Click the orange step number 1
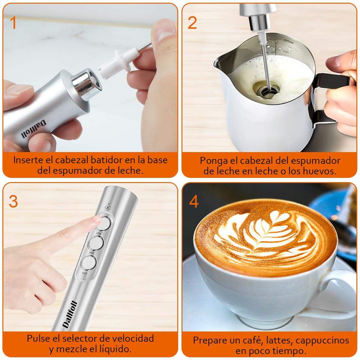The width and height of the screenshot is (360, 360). tap(13, 23)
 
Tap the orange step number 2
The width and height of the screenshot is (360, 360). tap(192, 23)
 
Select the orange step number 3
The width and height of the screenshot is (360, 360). tap(13, 202)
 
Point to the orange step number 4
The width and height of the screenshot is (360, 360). tap(194, 202)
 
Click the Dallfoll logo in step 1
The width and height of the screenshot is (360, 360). tap(34, 129)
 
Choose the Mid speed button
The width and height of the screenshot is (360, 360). tap(96, 243)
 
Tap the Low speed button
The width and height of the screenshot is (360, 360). tap(89, 263)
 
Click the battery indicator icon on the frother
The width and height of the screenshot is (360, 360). tap(108, 207)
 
